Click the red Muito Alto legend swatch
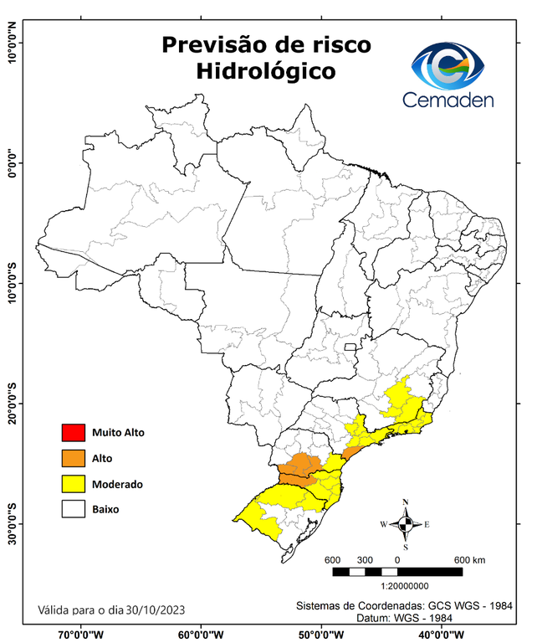pos(73,433)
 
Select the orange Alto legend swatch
pos(73,458)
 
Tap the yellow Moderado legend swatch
pos(73,483)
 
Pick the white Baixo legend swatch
pos(73,508)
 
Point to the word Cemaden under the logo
pos(447,100)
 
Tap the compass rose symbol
pos(405,524)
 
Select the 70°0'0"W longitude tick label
pos(81,634)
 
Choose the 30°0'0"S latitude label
pos(11,523)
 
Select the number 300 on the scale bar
pos(365,559)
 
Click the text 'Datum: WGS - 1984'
pos(405,618)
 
